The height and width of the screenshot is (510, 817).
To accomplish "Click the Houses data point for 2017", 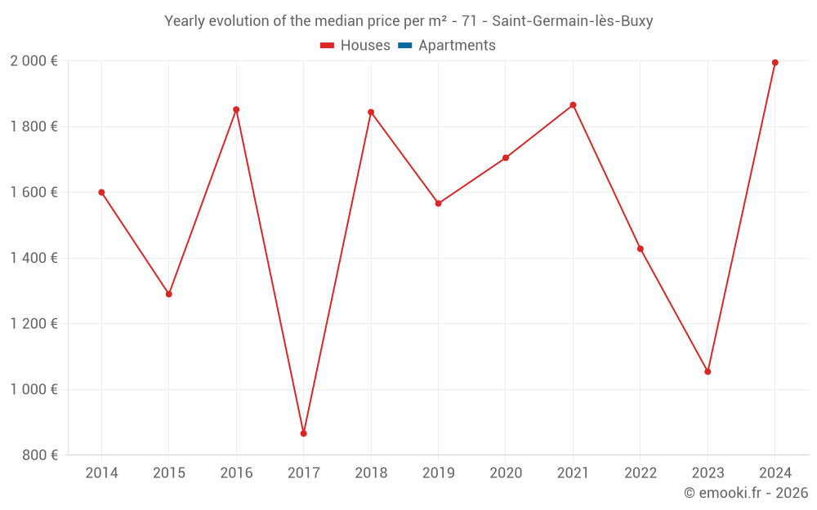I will [303, 433].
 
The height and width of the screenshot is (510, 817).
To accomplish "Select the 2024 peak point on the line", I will [775, 63].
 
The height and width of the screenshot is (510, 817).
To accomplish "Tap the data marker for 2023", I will [708, 371].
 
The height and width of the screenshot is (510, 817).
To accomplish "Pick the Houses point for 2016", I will [236, 109].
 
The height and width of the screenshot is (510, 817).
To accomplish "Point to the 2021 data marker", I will [573, 105].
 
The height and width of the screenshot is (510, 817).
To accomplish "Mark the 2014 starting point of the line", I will [101, 193].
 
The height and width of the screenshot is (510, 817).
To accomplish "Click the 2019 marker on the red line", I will [438, 203].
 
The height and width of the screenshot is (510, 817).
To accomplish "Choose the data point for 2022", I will [641, 249].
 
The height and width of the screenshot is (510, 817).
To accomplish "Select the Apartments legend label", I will [457, 46].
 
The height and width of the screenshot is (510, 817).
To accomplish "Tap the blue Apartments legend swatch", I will [404, 46].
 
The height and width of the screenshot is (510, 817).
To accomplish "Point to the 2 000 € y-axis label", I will [33, 61].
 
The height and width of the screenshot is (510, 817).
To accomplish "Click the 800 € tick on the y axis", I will [40, 455].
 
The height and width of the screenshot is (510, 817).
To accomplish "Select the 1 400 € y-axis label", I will [33, 258].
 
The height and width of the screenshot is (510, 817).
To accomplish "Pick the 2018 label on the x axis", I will [371, 473].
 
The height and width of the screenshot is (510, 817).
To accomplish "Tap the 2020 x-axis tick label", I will [506, 473].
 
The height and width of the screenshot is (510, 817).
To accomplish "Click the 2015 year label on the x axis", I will [169, 473].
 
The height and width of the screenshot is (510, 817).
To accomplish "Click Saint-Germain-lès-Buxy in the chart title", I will [572, 21].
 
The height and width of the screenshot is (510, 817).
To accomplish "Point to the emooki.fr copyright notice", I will [745, 493].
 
